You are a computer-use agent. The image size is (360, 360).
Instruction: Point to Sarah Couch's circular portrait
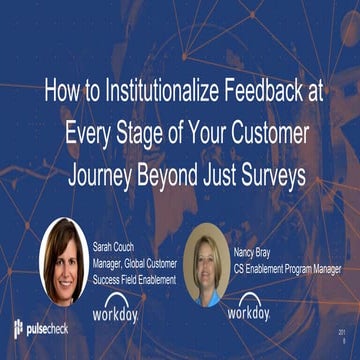[x=64, y=261]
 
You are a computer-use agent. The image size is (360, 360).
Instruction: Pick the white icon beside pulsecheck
[x=19, y=329]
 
